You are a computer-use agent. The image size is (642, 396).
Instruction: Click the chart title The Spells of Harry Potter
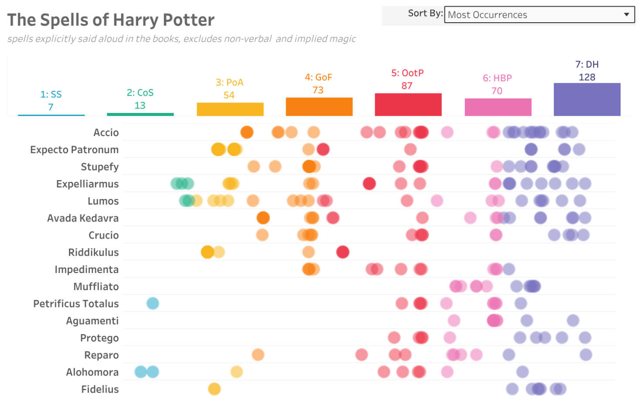(111, 20)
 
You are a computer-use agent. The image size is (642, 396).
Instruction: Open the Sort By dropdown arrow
(626, 14)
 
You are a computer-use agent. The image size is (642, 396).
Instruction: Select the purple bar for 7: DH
(587, 99)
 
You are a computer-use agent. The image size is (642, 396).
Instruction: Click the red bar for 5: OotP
(408, 105)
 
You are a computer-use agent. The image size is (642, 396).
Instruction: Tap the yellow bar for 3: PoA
(230, 109)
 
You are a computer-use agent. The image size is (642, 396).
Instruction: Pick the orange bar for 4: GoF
(319, 107)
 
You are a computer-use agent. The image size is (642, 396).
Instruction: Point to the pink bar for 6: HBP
(498, 107)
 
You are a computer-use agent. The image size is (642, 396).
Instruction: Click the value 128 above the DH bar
(587, 77)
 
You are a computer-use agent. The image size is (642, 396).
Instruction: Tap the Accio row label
(106, 133)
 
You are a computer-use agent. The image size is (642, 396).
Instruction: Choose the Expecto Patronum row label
(75, 150)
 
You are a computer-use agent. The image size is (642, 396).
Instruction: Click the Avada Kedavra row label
(83, 218)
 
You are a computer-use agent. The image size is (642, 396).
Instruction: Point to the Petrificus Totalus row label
(76, 304)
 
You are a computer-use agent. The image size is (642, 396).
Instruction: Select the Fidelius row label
(100, 389)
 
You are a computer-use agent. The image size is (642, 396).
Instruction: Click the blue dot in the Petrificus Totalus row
(153, 303)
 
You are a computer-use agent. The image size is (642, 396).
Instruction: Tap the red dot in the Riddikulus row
(343, 252)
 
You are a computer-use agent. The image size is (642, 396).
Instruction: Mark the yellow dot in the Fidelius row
(214, 389)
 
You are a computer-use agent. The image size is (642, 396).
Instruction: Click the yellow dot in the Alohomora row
(236, 372)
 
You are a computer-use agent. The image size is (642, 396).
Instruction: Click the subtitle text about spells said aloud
(181, 39)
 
